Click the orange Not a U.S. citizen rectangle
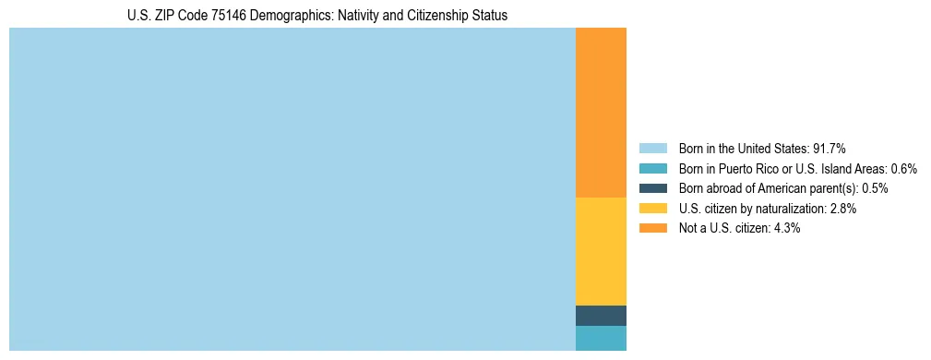[x=601, y=113]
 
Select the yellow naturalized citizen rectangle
[x=601, y=251]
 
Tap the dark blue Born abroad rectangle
[x=601, y=316]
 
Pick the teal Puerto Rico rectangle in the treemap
[x=601, y=338]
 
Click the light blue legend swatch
[x=652, y=149]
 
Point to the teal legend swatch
[x=652, y=169]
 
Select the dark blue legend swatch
[x=652, y=188]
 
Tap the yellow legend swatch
[x=652, y=209]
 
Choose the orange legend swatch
[x=652, y=228]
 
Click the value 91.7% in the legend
[x=830, y=149]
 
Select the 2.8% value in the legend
[x=843, y=209]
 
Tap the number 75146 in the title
[x=222, y=16]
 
